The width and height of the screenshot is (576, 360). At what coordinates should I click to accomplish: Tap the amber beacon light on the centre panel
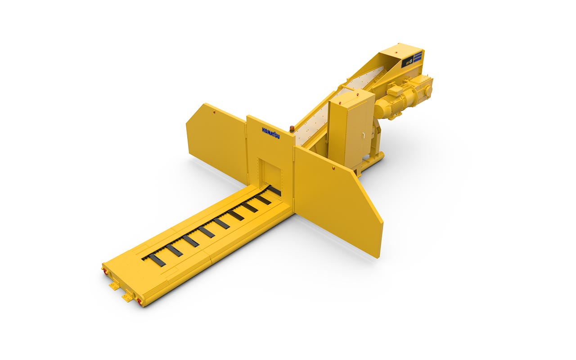coord(292,129)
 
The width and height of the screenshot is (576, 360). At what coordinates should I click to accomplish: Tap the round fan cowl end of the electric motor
coord(383,110)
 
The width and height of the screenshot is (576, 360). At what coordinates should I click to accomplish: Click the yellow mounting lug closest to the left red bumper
coord(113,286)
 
